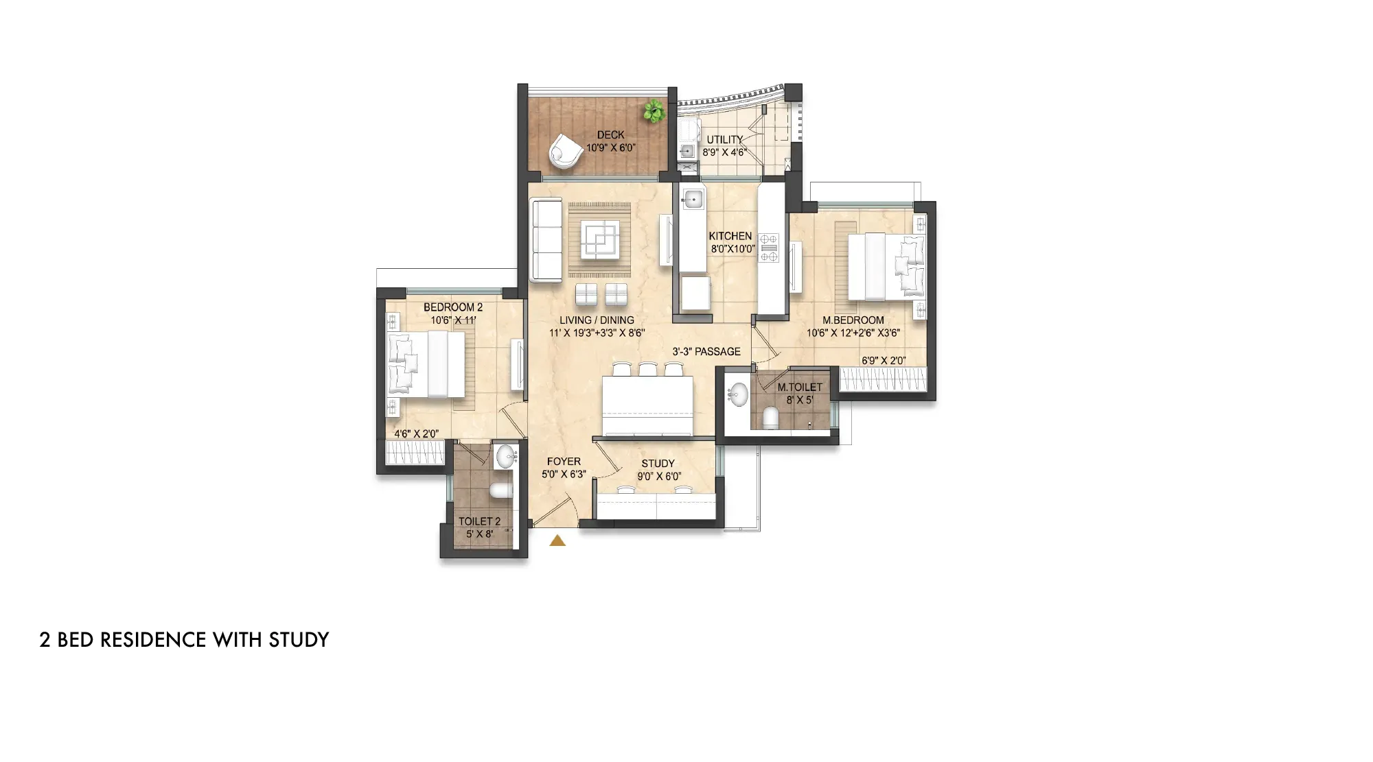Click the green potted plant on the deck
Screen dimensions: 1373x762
(x=654, y=110)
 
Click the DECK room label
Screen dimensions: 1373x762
(x=610, y=135)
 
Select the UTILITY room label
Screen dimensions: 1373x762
(x=725, y=139)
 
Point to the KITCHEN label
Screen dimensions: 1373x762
(x=730, y=236)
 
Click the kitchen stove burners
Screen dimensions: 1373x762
(x=769, y=248)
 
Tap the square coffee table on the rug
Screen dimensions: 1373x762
(x=599, y=239)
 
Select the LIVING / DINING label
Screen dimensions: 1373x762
(x=597, y=320)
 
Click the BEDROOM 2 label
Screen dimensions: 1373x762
(x=453, y=307)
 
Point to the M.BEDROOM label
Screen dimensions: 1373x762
(x=853, y=320)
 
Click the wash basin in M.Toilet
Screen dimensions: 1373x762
(x=738, y=394)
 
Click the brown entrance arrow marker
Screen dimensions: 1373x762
(x=557, y=540)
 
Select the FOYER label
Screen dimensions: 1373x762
(x=564, y=462)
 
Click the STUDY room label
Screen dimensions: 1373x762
(x=658, y=464)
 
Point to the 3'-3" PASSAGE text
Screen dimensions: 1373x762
(x=706, y=352)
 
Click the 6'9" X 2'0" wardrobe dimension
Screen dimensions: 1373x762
(x=884, y=361)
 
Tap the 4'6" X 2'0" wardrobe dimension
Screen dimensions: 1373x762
(x=416, y=434)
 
